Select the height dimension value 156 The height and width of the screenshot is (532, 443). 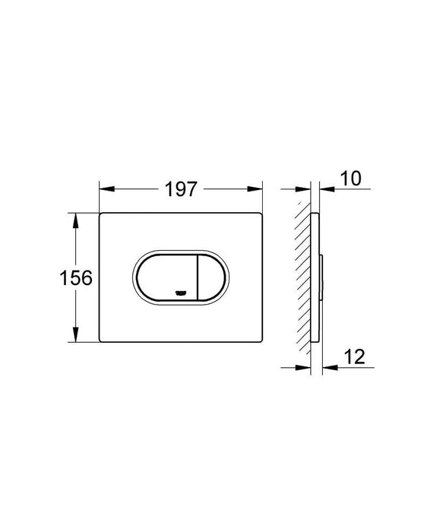[x=76, y=278]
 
